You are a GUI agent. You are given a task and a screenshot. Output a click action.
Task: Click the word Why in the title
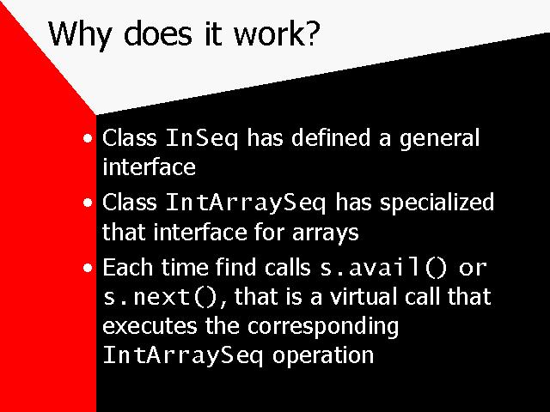tap(80, 34)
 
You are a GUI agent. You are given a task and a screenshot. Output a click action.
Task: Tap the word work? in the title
tap(277, 33)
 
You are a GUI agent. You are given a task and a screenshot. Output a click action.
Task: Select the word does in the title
tap(158, 33)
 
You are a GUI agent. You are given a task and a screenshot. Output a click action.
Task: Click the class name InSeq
tap(202, 139)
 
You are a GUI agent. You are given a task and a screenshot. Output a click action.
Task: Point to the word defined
tap(331, 137)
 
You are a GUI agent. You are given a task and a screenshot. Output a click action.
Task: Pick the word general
tap(439, 139)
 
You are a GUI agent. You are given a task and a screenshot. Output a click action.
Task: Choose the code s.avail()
tap(384, 269)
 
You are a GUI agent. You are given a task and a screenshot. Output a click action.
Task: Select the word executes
tap(150, 326)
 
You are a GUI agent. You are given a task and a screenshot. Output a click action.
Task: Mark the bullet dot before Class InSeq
tap(88, 138)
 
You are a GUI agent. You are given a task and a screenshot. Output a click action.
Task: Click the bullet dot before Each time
tap(88, 269)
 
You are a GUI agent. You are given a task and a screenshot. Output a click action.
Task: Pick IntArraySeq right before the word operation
tap(183, 356)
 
